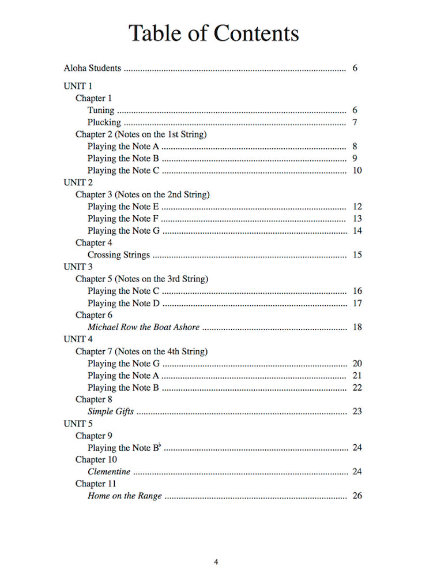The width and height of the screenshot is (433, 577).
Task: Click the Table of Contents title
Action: tap(213, 33)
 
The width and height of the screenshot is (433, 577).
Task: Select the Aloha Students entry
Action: tap(92, 68)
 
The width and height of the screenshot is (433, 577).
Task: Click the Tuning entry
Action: tap(101, 110)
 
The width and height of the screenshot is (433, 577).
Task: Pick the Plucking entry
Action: tap(104, 122)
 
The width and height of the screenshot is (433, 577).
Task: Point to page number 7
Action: tap(355, 122)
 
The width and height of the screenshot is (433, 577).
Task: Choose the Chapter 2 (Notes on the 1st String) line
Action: tap(141, 134)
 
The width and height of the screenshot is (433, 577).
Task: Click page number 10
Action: tap(357, 171)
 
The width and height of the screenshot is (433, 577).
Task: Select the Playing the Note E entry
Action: tap(123, 207)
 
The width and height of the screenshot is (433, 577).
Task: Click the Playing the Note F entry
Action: tap(123, 219)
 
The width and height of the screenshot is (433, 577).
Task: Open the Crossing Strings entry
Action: tap(118, 255)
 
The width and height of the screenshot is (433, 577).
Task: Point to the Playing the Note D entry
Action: tap(123, 304)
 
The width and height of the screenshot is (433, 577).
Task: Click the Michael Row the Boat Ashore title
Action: tap(144, 327)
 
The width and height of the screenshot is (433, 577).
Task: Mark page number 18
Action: tap(357, 327)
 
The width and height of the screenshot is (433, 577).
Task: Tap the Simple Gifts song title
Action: tap(111, 411)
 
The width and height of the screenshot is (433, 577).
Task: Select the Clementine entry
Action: tap(109, 472)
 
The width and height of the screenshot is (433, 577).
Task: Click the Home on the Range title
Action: tap(125, 496)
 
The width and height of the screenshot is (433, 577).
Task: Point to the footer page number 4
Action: tap(216, 562)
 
